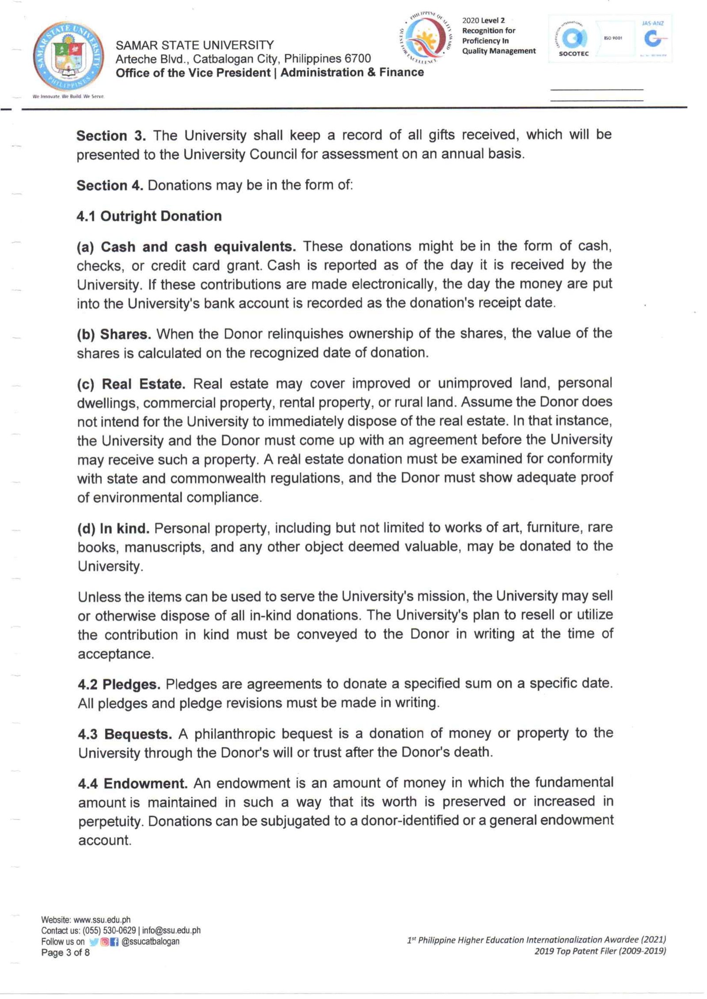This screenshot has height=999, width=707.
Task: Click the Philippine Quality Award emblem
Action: point(425,38)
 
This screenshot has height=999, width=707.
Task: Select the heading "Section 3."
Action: point(111,136)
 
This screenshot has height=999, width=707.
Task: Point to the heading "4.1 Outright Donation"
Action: point(149,216)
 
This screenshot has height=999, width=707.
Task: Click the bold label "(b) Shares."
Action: point(114,334)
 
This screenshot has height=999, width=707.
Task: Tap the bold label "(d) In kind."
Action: point(114,529)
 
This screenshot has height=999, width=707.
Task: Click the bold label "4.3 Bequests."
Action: point(125,734)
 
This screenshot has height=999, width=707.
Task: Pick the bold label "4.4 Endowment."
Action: point(133,784)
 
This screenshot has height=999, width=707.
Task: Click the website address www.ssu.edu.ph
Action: point(102,920)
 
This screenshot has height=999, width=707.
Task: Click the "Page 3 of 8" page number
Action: point(65,952)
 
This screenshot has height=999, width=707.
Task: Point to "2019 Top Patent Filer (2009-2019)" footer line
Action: point(600,951)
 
